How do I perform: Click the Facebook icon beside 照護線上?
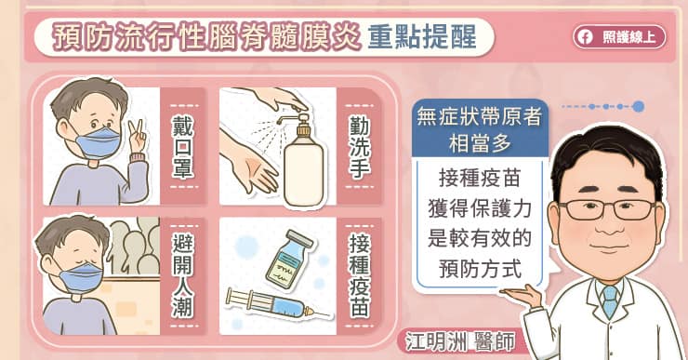pyautogui.click(x=585, y=37)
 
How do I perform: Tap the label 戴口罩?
pyautogui.click(x=182, y=147)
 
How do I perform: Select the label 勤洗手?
pyautogui.click(x=360, y=147)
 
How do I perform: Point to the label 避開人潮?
pyautogui.click(x=182, y=276)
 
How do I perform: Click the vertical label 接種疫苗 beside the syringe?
pyautogui.click(x=360, y=276)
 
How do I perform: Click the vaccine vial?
pyautogui.click(x=289, y=259)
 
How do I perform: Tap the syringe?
pyautogui.click(x=279, y=303)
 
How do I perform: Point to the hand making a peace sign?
pyautogui.click(x=138, y=137)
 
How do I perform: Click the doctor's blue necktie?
pyautogui.click(x=610, y=301)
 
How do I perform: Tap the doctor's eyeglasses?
pyautogui.click(x=608, y=209)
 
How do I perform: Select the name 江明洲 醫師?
pyautogui.click(x=460, y=342)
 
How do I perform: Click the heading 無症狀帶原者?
pyautogui.click(x=480, y=117)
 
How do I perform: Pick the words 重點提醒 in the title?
pyautogui.click(x=422, y=37)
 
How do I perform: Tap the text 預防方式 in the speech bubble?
pyautogui.click(x=480, y=269)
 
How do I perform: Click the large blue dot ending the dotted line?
pyautogui.click(x=639, y=106)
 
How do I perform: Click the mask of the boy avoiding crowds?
pyautogui.click(x=80, y=275)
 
